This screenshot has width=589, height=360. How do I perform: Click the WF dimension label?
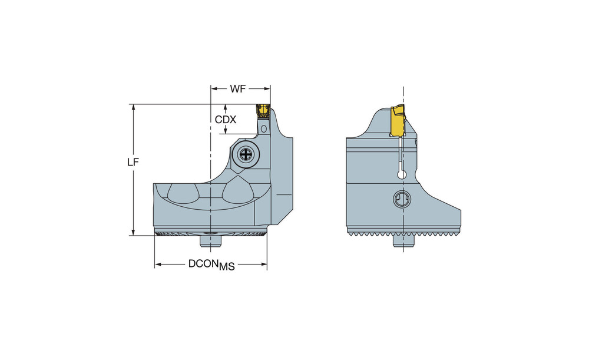[x=238, y=89]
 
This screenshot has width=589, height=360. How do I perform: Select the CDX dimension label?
[x=226, y=120]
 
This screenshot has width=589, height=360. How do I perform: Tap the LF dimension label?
[x=133, y=163]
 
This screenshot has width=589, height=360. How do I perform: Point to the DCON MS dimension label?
[x=211, y=265]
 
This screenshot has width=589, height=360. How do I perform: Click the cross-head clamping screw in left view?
[x=246, y=154]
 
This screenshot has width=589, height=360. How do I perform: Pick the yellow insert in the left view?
[x=263, y=111]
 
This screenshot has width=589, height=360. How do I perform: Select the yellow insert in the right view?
[x=398, y=121]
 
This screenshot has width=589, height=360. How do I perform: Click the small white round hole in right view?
[x=402, y=174]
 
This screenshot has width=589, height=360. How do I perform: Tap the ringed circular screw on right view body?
[x=402, y=199]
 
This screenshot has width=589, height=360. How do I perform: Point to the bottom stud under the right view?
[x=403, y=240]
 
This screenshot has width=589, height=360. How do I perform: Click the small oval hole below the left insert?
[x=264, y=129]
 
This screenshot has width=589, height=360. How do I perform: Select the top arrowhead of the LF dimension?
[x=133, y=107]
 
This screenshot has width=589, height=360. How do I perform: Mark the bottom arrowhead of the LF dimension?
[x=133, y=232]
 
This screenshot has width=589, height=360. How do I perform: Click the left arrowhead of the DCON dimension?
[x=158, y=265]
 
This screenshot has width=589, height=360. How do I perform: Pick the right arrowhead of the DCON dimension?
[x=263, y=265]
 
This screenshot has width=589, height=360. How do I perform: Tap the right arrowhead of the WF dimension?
[x=267, y=89]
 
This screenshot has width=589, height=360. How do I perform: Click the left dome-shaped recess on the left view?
[x=183, y=194]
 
